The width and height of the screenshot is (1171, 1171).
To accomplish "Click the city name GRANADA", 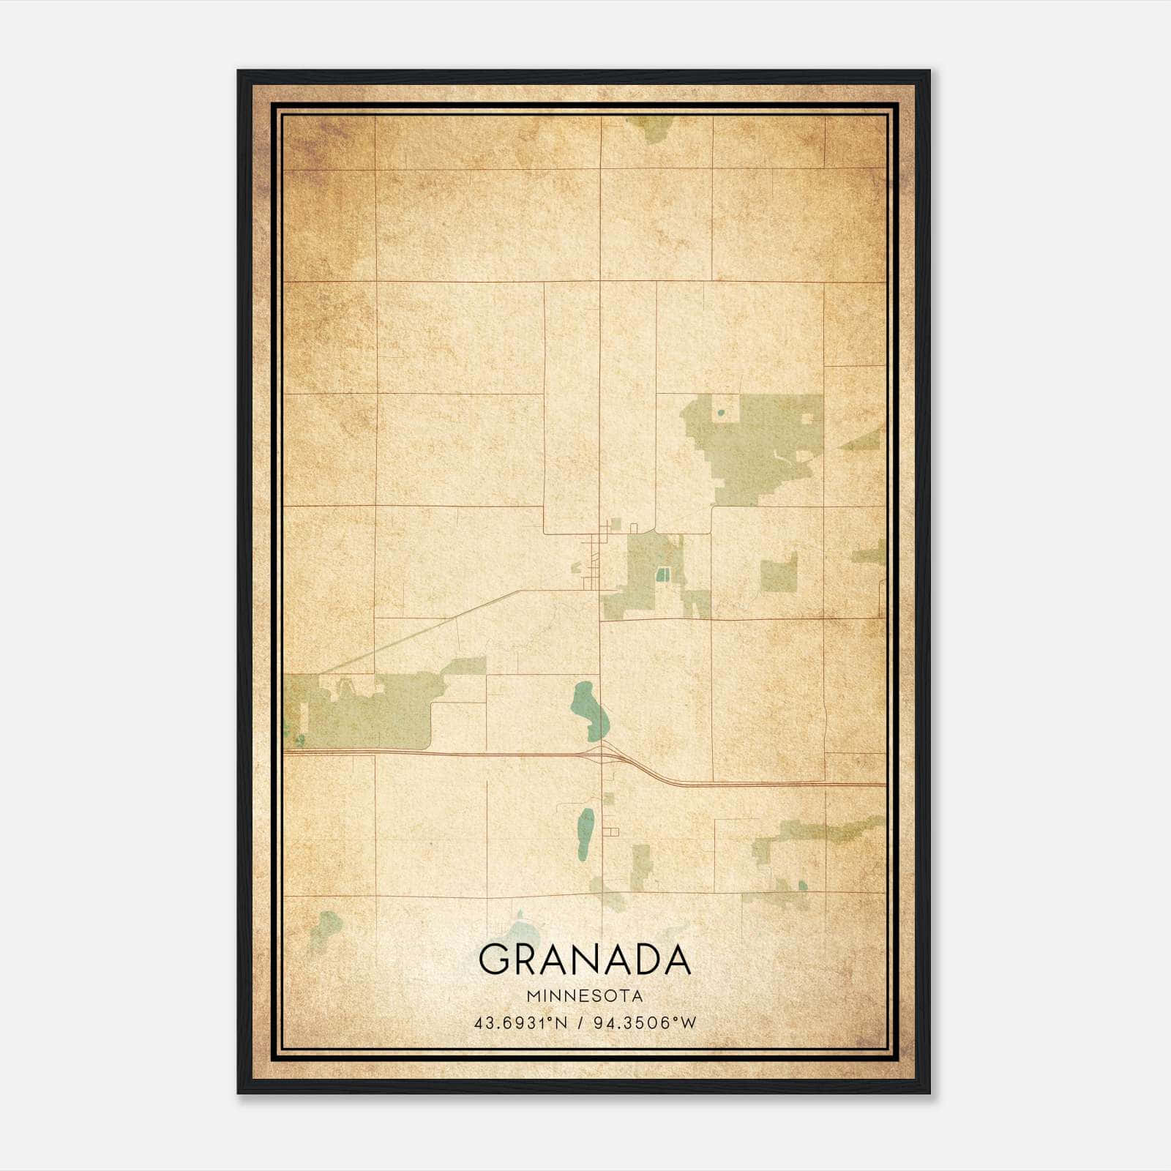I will coord(585,959).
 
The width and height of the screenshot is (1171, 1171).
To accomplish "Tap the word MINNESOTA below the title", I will coord(585,996).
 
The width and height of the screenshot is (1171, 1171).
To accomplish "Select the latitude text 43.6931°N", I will coord(520,1023).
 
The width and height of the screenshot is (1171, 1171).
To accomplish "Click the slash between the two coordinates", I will coord(580,1023).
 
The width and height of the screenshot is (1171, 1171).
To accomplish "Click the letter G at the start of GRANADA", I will coord(494,959).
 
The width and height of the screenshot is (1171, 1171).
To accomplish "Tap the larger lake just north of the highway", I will coord(589,710).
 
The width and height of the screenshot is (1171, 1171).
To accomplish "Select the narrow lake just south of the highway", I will coord(585,834).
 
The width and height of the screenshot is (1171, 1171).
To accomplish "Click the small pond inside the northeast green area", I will coord(721,413).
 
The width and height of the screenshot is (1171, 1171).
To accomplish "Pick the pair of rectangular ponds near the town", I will coord(663,575).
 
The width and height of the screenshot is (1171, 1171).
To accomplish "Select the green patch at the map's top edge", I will coord(651,129).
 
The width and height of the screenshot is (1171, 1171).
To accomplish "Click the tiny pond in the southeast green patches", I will coord(802,886).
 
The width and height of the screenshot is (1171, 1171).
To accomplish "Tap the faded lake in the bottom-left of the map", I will coord(326,927).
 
